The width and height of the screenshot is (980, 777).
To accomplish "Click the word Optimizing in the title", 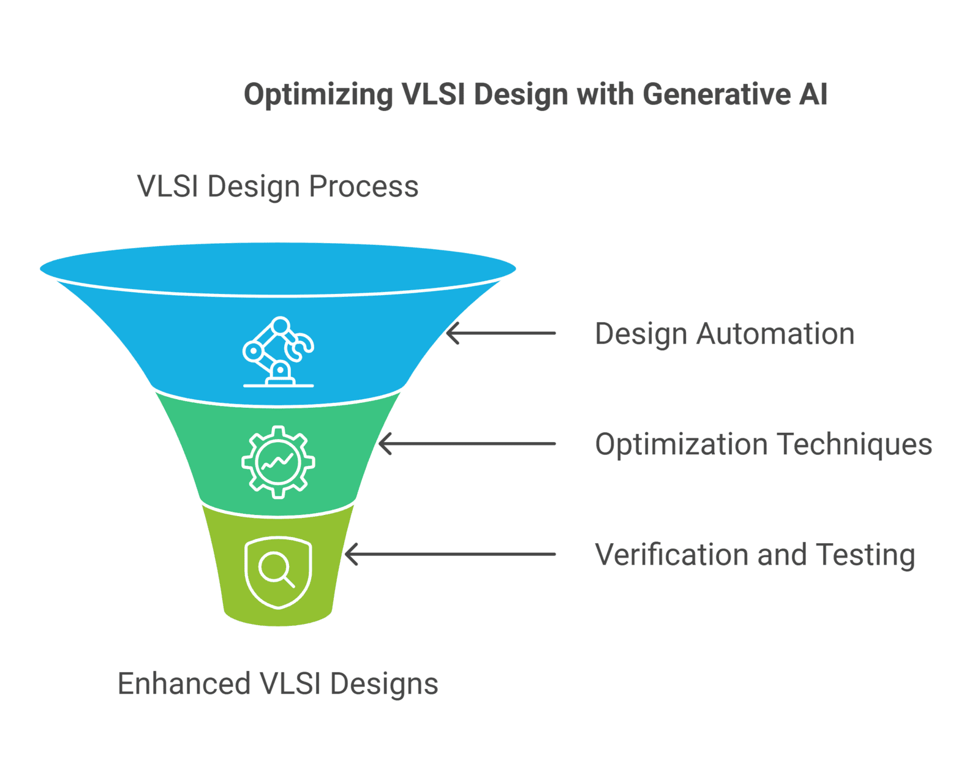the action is [x=318, y=95].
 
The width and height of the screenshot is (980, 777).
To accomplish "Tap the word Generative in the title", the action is [x=717, y=94].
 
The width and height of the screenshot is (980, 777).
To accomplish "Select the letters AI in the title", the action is [x=813, y=94].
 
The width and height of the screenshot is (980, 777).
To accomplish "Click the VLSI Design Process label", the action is [x=278, y=187].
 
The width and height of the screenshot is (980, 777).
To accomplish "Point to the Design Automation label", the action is [x=725, y=334].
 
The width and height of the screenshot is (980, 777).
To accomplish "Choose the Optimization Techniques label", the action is [x=764, y=445].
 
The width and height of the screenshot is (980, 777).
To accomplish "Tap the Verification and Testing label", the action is [x=755, y=555].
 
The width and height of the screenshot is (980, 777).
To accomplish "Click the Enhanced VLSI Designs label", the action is [x=278, y=684].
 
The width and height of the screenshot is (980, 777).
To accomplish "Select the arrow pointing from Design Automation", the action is [x=501, y=333].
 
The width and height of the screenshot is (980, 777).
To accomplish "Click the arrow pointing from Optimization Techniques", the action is [x=467, y=443].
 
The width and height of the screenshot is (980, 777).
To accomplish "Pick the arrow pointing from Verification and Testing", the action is [x=450, y=554].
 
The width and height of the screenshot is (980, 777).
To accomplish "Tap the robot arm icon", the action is [x=278, y=352].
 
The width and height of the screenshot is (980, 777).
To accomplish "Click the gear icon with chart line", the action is [x=278, y=462].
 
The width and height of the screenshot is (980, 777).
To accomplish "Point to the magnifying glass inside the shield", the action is [x=276, y=569].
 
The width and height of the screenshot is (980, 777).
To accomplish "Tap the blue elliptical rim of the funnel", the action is [x=278, y=269].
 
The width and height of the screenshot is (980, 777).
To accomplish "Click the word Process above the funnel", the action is [x=363, y=187].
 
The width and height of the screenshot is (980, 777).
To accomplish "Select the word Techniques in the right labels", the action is [x=855, y=445].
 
